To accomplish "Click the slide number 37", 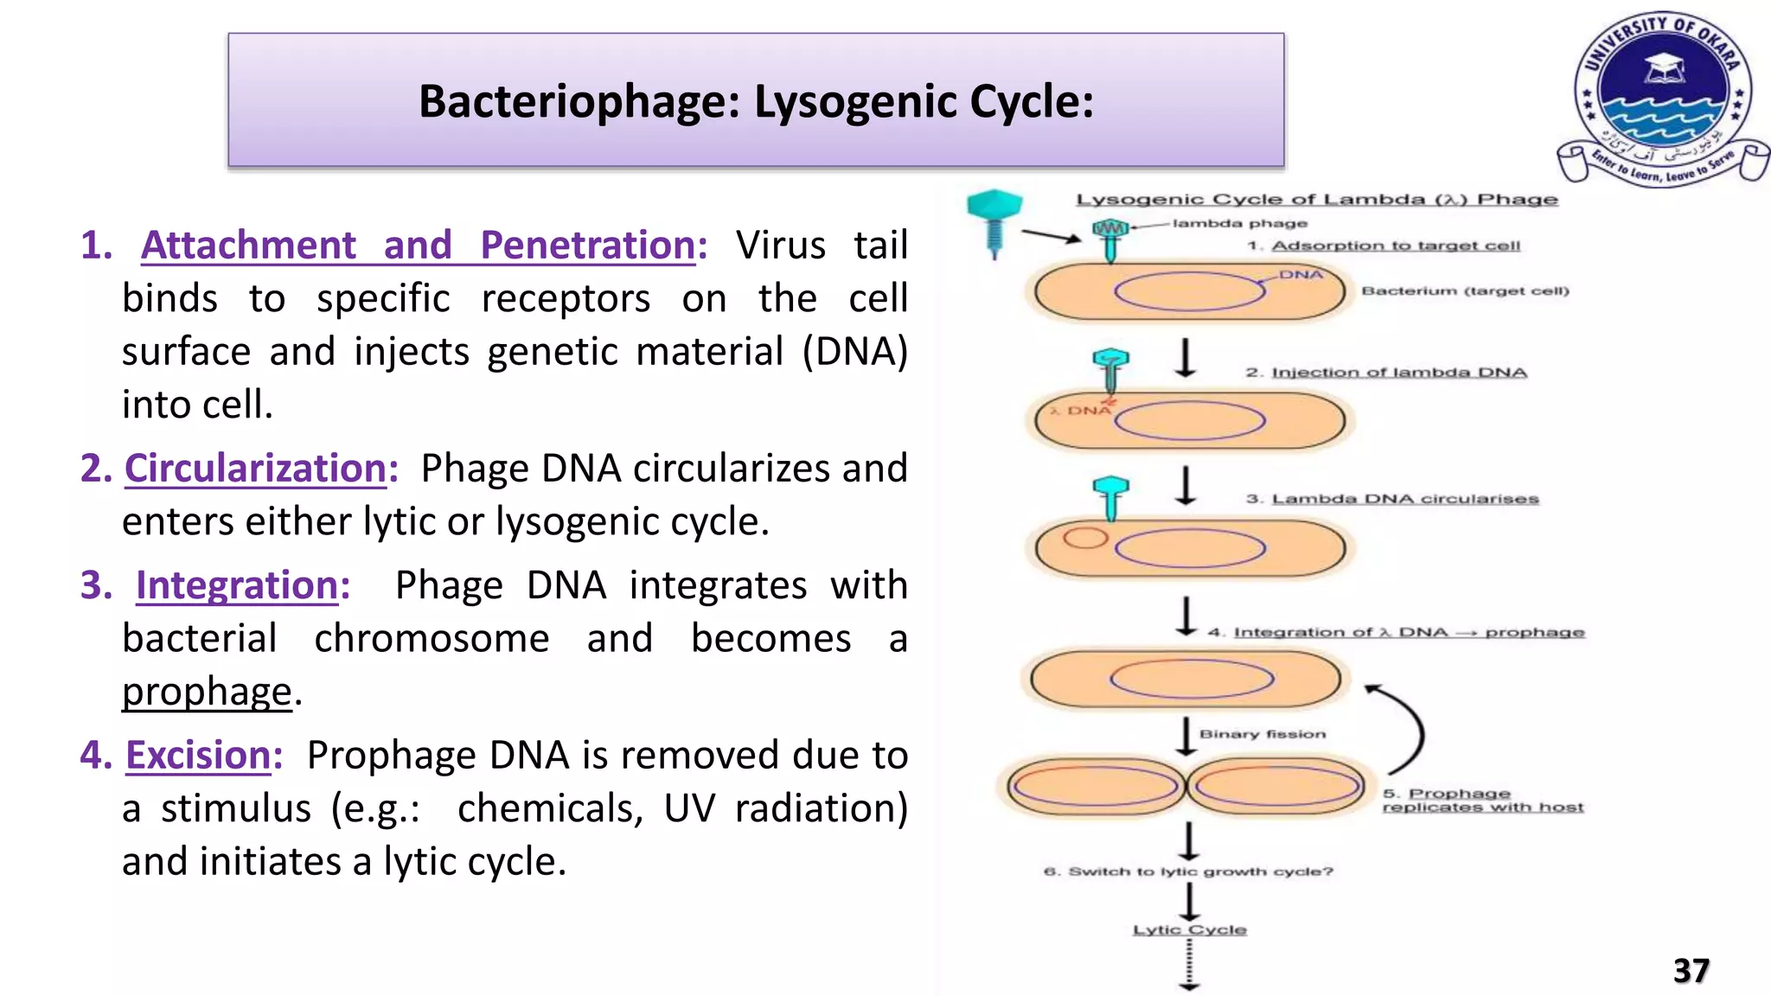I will pyautogui.click(x=1691, y=970).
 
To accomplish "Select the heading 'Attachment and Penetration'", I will pyautogui.click(x=419, y=246).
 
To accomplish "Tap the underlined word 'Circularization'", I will pyautogui.click(x=255, y=469).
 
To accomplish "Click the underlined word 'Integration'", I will pyautogui.click(x=236, y=585).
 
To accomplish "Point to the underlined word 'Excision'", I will pyautogui.click(x=198, y=756).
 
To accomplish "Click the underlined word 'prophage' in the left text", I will pyautogui.click(x=207, y=692).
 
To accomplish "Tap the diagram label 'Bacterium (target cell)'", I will pyautogui.click(x=1465, y=290).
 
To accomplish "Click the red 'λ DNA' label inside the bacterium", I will pyautogui.click(x=1082, y=411).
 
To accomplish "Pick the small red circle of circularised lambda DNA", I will pyautogui.click(x=1084, y=538).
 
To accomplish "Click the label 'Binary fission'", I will pyautogui.click(x=1262, y=734).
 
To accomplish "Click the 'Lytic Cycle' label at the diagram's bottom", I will pyautogui.click(x=1190, y=929).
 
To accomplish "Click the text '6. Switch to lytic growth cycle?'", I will pyautogui.click(x=1188, y=871).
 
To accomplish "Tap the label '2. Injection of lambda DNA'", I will pyautogui.click(x=1386, y=373).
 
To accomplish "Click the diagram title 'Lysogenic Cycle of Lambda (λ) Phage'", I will pyautogui.click(x=1316, y=200).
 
